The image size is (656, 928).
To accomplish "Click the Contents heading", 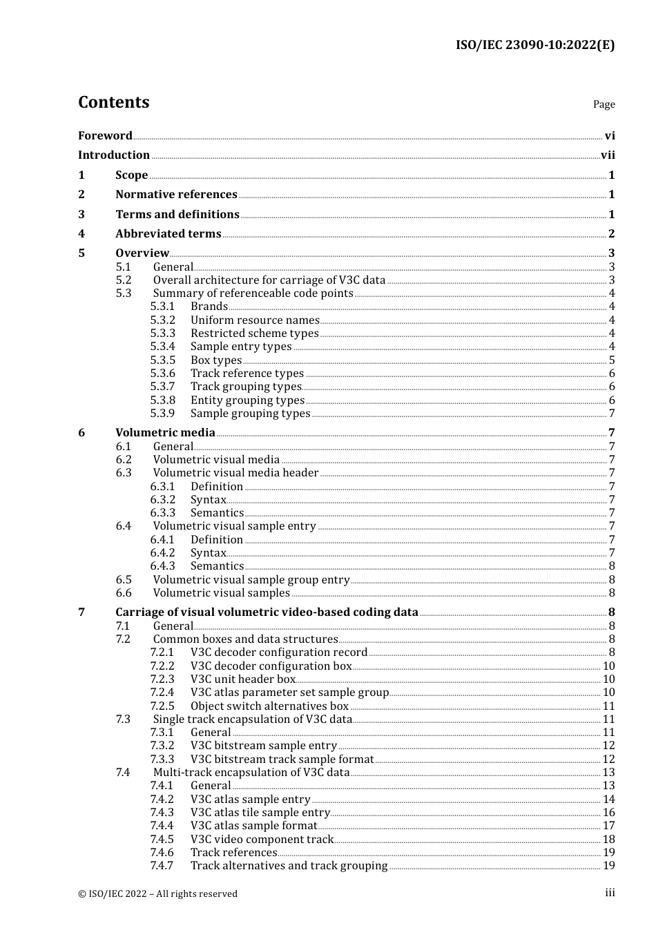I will (113, 102).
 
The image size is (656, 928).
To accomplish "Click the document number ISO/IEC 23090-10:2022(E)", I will (534, 45).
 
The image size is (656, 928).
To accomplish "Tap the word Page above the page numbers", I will (604, 104).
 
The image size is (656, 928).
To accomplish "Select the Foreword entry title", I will (105, 135).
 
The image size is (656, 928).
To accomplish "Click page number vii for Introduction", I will (608, 155).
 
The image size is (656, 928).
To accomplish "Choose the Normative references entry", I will (176, 195).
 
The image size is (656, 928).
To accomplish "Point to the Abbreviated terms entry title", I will (168, 233).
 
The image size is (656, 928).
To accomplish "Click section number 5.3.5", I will (163, 360).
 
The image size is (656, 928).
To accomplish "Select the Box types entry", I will (216, 360).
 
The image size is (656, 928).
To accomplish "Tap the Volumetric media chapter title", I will (165, 433).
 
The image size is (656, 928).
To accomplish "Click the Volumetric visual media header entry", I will (235, 473).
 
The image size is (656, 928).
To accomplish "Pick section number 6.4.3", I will (163, 566).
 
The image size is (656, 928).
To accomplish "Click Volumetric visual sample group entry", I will (251, 580).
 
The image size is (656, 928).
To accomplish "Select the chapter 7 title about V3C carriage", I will (267, 612).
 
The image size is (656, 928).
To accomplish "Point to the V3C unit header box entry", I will (243, 679).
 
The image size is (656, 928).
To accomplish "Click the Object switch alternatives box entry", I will (269, 706).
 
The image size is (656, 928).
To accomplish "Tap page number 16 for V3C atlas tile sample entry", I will (608, 813).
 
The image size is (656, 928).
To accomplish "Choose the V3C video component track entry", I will (262, 840).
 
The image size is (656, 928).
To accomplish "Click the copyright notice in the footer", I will (157, 893).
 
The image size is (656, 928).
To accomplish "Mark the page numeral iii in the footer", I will (610, 893).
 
